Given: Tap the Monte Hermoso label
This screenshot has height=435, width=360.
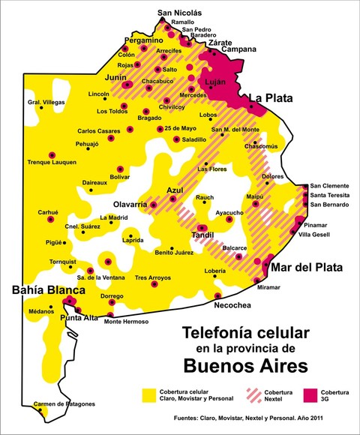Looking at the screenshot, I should (x=127, y=322).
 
